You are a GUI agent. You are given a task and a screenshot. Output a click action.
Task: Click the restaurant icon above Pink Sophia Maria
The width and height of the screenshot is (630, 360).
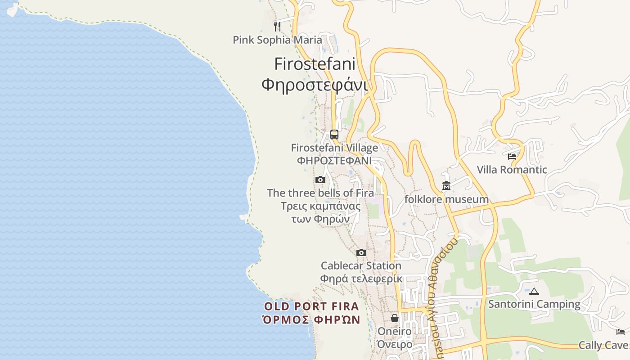click(277, 26)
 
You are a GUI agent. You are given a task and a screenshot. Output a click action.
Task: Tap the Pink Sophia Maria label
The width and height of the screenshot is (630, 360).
click(277, 40)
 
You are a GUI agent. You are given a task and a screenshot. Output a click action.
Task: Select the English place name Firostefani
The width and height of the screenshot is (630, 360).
click(315, 64)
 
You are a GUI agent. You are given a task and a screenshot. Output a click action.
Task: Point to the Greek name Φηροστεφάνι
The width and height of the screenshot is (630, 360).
click(315, 84)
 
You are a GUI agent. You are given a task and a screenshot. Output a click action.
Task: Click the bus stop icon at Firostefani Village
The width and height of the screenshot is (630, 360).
click(334, 134)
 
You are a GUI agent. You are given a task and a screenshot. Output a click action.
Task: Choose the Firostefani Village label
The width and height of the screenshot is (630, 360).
click(334, 148)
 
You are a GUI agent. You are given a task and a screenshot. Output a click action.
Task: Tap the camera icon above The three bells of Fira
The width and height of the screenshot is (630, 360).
click(320, 180)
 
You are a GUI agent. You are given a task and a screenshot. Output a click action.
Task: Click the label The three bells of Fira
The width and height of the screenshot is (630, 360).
click(320, 193)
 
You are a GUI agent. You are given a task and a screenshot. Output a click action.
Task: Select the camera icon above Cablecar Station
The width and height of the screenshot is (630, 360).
click(361, 253)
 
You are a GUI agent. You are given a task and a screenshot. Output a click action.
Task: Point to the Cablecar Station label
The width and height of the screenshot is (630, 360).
click(361, 266)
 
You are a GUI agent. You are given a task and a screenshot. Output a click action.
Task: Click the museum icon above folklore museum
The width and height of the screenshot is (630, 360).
click(446, 186)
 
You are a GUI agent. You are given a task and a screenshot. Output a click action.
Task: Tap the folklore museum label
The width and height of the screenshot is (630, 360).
click(446, 199)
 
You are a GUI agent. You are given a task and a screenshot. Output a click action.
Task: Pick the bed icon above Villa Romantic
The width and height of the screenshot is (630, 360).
click(512, 157)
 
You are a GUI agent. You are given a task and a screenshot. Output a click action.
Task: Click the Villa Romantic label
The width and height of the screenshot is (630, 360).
click(512, 170)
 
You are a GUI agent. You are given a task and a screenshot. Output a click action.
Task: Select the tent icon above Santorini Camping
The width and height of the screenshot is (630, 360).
click(534, 291)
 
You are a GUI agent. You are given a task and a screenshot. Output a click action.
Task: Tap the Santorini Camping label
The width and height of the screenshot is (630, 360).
click(534, 304)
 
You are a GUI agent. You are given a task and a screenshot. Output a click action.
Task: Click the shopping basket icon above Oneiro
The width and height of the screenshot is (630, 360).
click(395, 318)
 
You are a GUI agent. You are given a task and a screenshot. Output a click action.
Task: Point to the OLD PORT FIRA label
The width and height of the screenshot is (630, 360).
click(311, 307)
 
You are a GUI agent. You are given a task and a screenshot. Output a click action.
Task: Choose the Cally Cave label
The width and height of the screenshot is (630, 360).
click(603, 345)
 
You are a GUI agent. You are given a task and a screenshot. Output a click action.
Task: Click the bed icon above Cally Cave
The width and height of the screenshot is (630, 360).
click(621, 332)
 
